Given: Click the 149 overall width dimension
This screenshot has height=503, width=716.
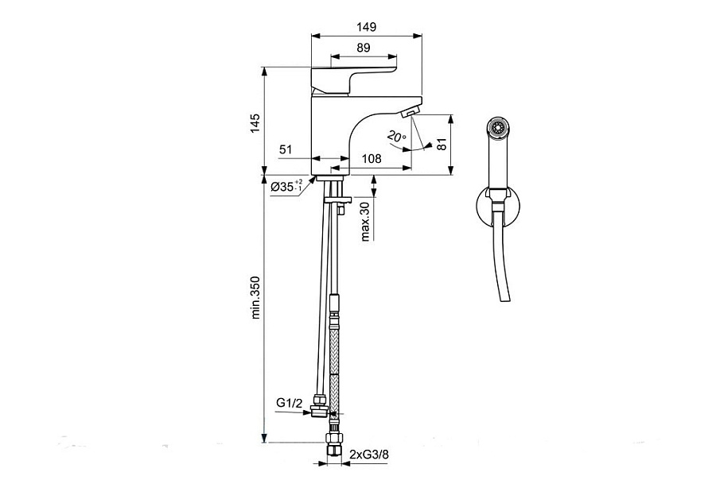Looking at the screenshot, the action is click(367, 27).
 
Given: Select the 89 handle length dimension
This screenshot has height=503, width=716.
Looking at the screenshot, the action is click(364, 48).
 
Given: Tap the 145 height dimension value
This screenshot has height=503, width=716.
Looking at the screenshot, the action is click(255, 123).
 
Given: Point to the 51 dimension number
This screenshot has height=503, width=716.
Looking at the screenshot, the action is click(286, 149).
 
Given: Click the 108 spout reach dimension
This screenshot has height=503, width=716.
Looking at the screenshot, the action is click(372, 158).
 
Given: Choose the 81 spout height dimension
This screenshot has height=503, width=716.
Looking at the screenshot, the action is click(441, 144).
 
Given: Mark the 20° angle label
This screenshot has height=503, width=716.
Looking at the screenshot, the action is click(396, 136).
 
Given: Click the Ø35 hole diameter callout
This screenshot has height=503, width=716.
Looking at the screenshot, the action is click(286, 186).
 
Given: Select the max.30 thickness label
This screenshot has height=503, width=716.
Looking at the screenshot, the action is click(365, 222).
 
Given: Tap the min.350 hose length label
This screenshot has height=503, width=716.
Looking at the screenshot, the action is click(255, 297).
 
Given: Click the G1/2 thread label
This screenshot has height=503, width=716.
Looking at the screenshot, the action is click(289, 403).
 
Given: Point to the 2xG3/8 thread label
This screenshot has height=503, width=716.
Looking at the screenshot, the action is click(369, 455).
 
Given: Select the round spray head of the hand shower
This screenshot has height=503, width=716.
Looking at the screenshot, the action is click(496, 127).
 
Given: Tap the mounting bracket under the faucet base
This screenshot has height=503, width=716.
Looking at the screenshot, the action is click(338, 199).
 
